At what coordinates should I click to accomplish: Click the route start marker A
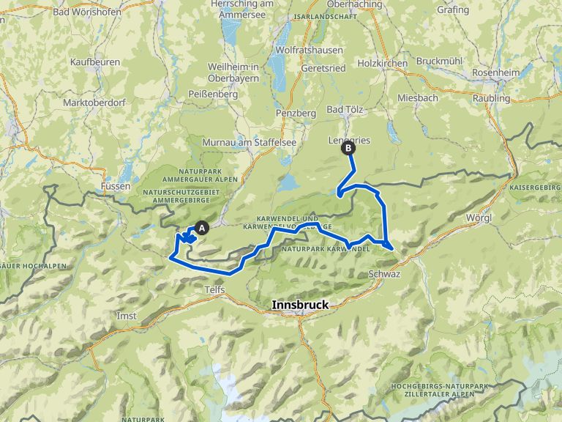pos(202,228)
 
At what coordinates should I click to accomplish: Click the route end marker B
pos(348,148)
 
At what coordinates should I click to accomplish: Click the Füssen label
pos(117,186)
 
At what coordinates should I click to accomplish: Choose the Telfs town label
pos(213,290)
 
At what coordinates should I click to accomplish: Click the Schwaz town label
pos(384,273)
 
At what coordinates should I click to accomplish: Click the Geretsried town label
pos(323,67)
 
